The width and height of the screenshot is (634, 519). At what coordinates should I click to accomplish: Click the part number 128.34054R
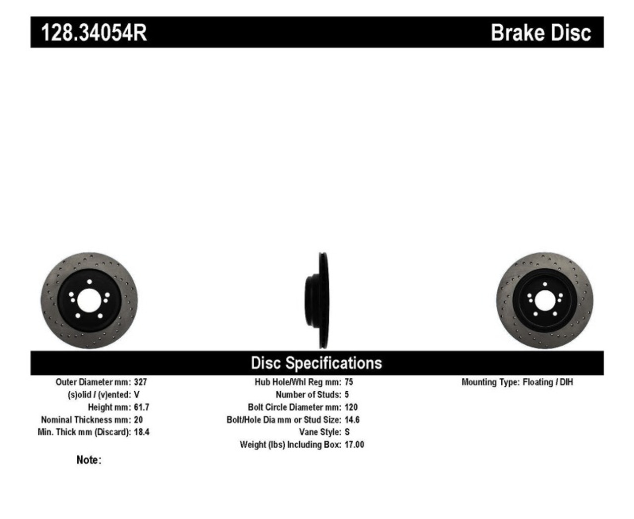(94, 33)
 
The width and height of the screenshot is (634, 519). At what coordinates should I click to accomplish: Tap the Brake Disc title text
(540, 33)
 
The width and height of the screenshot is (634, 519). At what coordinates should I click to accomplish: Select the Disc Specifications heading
(317, 363)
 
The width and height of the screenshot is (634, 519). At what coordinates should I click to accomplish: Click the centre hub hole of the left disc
(89, 301)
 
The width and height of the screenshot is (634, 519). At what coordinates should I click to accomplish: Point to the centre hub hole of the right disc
(545, 301)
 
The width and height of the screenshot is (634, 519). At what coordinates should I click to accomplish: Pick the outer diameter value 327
(140, 382)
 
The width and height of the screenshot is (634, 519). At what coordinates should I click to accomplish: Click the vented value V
(137, 395)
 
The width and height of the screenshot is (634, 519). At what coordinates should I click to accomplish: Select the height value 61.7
(141, 407)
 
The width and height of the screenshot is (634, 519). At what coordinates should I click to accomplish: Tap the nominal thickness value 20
(138, 419)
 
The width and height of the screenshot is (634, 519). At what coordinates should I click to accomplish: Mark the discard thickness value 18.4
(141, 432)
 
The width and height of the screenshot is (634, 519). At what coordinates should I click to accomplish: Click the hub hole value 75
(349, 382)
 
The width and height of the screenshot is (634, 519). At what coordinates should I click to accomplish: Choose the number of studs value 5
(347, 395)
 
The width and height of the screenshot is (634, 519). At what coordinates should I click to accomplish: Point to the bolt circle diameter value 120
(351, 407)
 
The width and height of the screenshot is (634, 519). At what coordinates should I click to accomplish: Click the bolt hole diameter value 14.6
(352, 419)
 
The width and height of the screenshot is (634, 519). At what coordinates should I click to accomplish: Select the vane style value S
(347, 432)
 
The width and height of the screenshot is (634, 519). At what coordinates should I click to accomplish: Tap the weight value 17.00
(354, 445)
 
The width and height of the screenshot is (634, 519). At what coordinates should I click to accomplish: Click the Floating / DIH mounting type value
(548, 382)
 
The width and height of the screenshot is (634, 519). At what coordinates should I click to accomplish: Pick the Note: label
(89, 460)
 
